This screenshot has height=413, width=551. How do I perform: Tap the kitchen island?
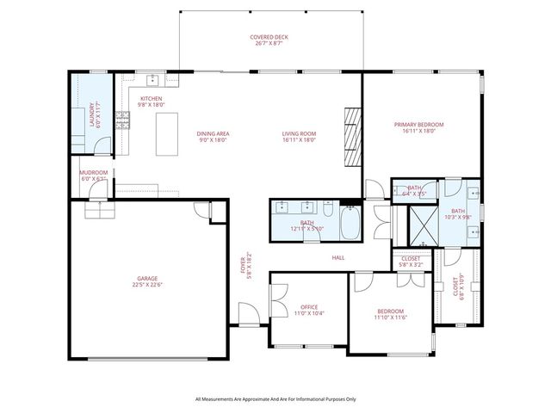coord(166,133)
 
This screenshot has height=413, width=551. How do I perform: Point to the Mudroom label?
coord(93,172)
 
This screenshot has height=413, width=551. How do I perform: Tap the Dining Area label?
coord(213,133)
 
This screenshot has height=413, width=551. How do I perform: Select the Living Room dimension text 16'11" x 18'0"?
coord(300,140)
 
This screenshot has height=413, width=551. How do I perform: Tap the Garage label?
coord(147,279)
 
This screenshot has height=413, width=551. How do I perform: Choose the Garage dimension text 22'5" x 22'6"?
coord(147,286)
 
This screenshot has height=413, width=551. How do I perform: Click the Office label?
coord(309,306)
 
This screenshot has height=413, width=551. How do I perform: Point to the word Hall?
coord(338,257)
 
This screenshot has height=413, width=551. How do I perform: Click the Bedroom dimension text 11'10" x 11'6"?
coord(391,317)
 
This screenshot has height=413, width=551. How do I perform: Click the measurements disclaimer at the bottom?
coord(275,399)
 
